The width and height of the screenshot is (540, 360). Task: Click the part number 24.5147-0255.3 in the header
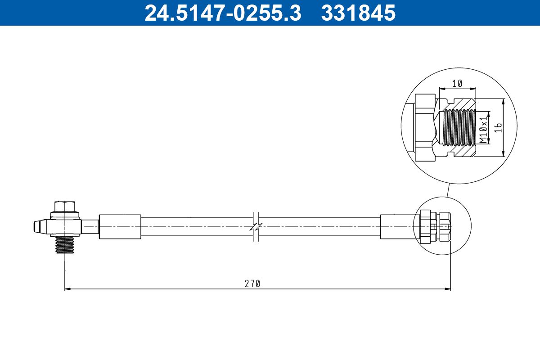222,13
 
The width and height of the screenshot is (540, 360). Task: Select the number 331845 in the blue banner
358,13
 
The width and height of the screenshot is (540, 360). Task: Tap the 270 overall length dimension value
252,283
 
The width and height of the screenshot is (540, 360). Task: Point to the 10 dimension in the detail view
457,83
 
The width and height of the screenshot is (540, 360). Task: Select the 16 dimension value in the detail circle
497,128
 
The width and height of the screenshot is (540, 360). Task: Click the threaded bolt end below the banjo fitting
65,245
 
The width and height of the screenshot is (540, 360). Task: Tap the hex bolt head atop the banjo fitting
65,207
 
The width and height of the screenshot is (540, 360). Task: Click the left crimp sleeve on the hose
120,227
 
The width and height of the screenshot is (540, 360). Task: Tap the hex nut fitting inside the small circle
435,227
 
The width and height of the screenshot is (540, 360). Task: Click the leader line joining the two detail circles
448,191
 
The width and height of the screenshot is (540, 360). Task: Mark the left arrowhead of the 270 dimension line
67,289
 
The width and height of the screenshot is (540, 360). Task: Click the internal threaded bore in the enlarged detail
459,128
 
